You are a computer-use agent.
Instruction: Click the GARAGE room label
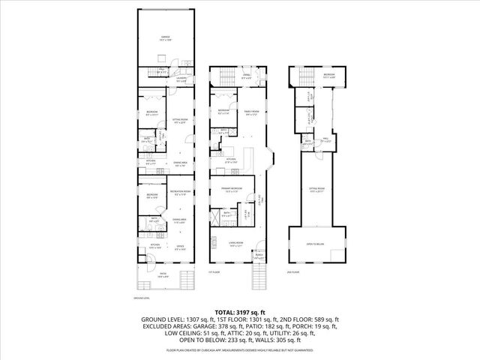click(164, 36)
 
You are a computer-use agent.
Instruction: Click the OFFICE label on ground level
click(180, 247)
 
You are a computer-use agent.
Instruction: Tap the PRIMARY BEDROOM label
click(230, 189)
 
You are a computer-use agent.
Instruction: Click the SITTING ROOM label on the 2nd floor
click(316, 189)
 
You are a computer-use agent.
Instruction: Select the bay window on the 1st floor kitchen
click(271, 159)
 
